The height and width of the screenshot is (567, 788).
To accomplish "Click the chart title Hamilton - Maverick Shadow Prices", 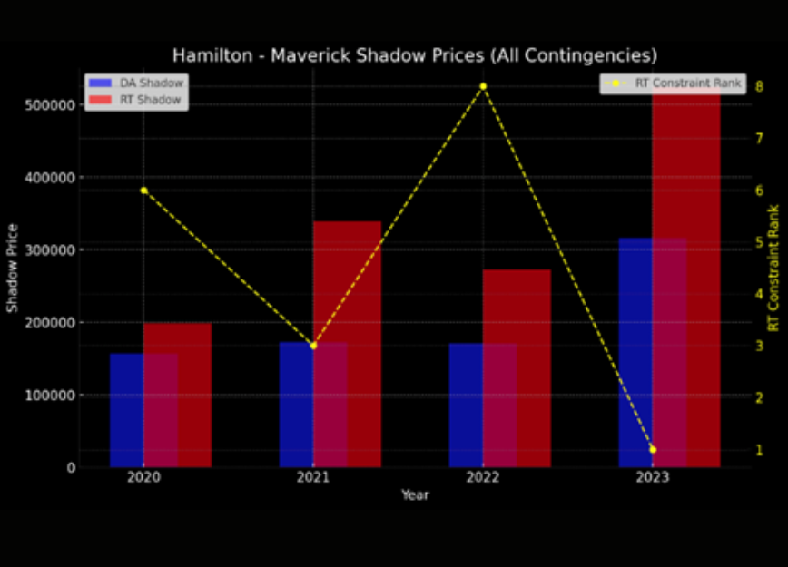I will (x=415, y=55).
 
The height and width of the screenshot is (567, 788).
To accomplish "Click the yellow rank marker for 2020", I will (x=143, y=191).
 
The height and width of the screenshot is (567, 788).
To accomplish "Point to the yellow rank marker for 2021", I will (x=313, y=346).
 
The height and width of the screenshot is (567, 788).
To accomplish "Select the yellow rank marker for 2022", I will (x=483, y=86).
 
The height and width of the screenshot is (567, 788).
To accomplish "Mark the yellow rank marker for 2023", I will (x=653, y=449).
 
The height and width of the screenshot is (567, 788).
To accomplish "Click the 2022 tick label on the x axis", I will (x=483, y=477).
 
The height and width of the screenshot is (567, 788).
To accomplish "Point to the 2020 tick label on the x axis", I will (x=143, y=477).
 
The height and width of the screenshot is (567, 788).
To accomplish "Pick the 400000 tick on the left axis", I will (x=47, y=178).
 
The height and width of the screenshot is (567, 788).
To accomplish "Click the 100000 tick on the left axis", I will (x=47, y=396).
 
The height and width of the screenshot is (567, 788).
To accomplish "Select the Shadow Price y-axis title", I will (x=13, y=268).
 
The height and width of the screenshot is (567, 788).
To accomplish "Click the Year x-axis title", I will (x=415, y=495).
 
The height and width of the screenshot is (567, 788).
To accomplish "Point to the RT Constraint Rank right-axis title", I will (x=773, y=268).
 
